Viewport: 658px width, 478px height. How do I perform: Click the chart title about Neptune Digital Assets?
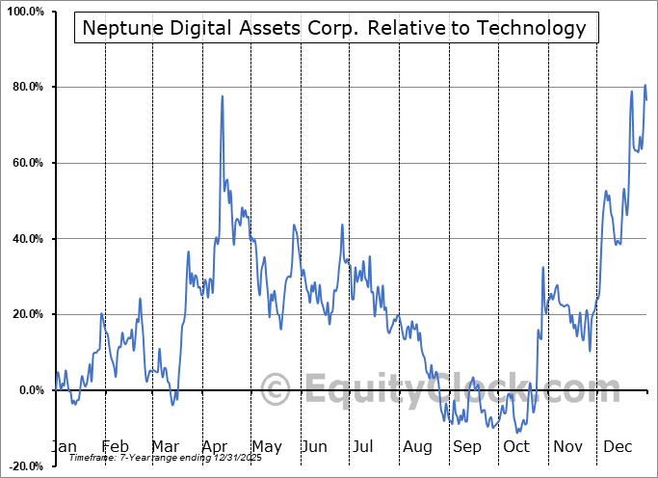(334, 27)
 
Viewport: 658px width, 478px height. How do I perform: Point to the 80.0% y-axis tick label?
(24, 88)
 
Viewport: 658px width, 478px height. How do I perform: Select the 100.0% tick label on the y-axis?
(22, 12)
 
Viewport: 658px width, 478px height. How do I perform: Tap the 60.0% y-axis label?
(24, 163)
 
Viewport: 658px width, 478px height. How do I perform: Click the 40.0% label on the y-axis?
(24, 239)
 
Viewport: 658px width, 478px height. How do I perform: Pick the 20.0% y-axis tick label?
(24, 314)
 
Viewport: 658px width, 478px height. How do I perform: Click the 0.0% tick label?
(27, 390)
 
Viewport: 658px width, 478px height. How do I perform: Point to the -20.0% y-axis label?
(22, 465)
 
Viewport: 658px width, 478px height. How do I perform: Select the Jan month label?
(63, 447)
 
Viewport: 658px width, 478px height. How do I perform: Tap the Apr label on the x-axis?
(215, 447)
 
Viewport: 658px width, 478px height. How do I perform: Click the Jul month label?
(363, 447)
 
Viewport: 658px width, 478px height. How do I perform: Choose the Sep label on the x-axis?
(467, 447)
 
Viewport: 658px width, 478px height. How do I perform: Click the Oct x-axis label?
(517, 447)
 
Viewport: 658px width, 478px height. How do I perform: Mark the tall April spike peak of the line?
(223, 96)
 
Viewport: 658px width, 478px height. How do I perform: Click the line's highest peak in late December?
(645, 86)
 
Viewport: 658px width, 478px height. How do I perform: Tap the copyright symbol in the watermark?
(276, 390)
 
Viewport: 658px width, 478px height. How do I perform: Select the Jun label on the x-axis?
(315, 447)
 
